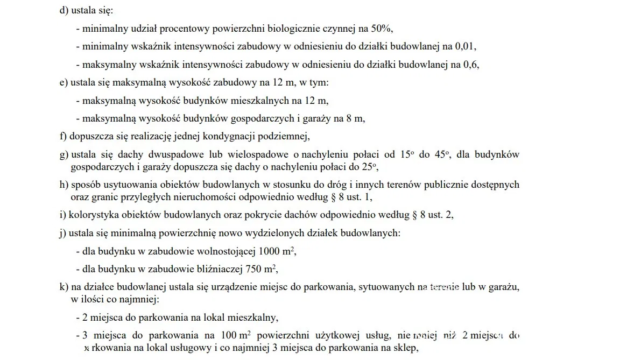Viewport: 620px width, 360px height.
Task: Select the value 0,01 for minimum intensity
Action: click(x=467, y=46)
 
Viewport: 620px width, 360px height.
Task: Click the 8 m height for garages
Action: click(x=355, y=118)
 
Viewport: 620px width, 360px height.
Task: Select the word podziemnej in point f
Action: click(x=285, y=136)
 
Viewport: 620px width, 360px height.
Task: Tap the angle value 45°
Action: click(x=441, y=154)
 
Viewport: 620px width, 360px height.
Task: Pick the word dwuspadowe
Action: click(x=153, y=154)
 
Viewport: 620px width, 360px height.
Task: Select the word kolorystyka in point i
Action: click(x=93, y=215)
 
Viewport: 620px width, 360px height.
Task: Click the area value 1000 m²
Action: click(x=277, y=251)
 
